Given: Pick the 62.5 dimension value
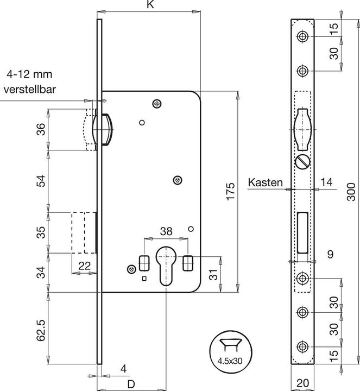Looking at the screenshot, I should [41, 329].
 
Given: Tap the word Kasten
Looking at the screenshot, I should [265, 182].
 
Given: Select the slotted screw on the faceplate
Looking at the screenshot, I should [302, 162].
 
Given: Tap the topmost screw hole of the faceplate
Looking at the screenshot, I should [302, 36].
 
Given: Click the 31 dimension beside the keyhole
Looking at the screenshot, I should [213, 274].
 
